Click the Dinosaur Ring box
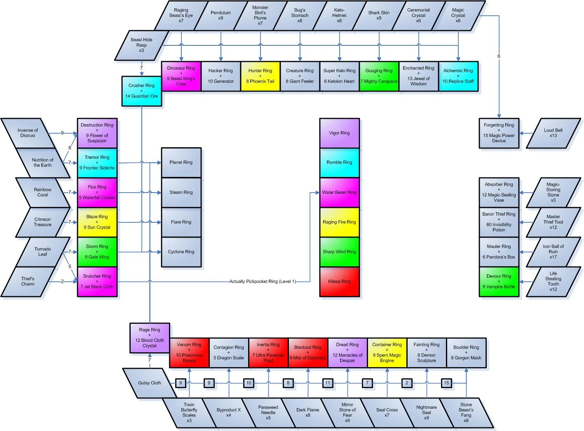point(181,76)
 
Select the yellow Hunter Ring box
point(260,76)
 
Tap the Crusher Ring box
point(141,91)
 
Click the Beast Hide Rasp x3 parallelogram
point(141,45)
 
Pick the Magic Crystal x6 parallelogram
point(458,16)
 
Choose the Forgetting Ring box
point(499,133)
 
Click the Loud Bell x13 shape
point(553,133)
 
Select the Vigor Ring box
point(339,133)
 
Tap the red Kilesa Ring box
point(339,282)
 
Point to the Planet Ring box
point(181,163)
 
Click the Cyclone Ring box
point(181,252)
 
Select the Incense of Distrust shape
point(28,133)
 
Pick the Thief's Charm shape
point(28,282)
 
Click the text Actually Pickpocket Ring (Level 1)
point(263,282)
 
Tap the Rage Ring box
point(150,338)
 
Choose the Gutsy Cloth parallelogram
point(149,383)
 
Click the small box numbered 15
point(446,383)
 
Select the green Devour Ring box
point(499,282)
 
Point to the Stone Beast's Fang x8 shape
point(466,412)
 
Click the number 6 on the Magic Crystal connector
point(499,56)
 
